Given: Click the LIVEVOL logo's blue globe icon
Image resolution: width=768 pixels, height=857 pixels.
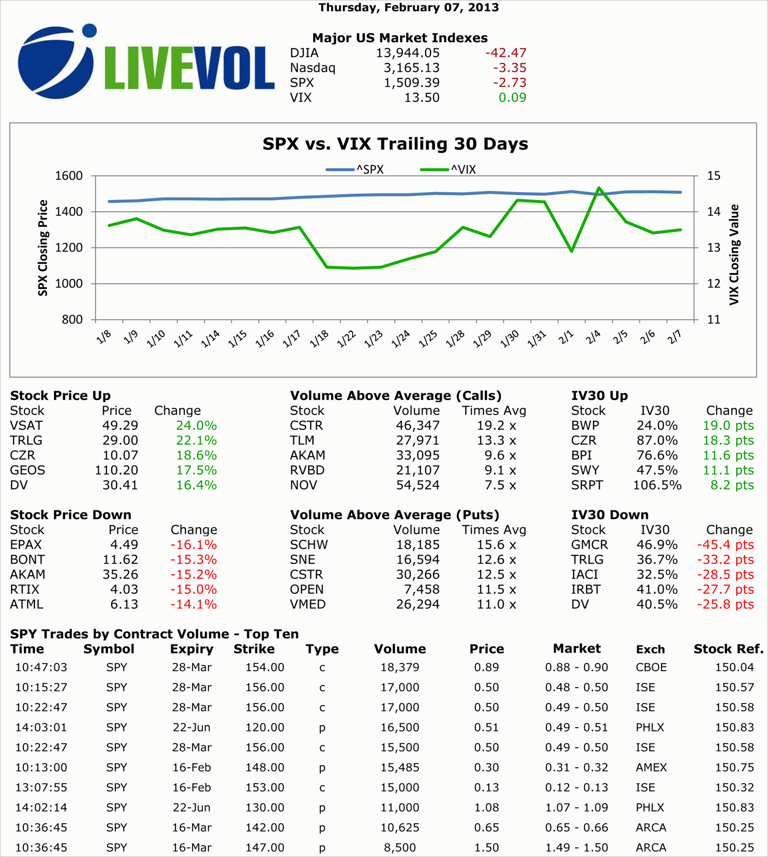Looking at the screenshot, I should coord(55,63).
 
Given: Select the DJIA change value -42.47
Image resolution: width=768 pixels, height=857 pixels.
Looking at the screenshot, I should coord(506,53).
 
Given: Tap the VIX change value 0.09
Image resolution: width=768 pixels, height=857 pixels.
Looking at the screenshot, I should coord(512,98).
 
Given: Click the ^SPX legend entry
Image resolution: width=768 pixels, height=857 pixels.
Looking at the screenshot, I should coord(355,170).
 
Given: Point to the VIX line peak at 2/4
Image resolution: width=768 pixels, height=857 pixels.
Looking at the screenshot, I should coord(599,187).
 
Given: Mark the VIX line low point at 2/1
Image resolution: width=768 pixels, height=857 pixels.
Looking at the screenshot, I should coord(571,251).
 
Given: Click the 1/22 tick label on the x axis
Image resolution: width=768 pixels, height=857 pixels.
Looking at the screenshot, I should coord(346,339).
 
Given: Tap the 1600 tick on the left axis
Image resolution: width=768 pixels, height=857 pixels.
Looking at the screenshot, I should coord(69,176).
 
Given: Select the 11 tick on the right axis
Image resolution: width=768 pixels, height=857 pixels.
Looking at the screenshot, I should coord(714,320).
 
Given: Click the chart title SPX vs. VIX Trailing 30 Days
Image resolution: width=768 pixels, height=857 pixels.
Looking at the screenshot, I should coord(395,144).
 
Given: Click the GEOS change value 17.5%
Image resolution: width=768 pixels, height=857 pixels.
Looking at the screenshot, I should coord(196,470).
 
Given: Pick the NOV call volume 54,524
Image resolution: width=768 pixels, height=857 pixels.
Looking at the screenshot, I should coord(417,485).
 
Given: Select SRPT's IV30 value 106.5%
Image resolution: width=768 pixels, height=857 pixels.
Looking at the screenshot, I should coord(657,485).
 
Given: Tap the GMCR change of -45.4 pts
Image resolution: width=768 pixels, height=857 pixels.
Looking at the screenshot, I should coord(725,544).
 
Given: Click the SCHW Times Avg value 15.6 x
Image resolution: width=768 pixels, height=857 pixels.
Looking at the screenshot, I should coord(496,544).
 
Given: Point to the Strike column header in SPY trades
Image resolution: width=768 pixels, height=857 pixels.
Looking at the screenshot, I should coord(254,649).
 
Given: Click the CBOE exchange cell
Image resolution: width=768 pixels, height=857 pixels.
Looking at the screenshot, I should coord(651,667).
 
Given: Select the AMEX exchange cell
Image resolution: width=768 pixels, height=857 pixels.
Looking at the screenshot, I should coord(651,767).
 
